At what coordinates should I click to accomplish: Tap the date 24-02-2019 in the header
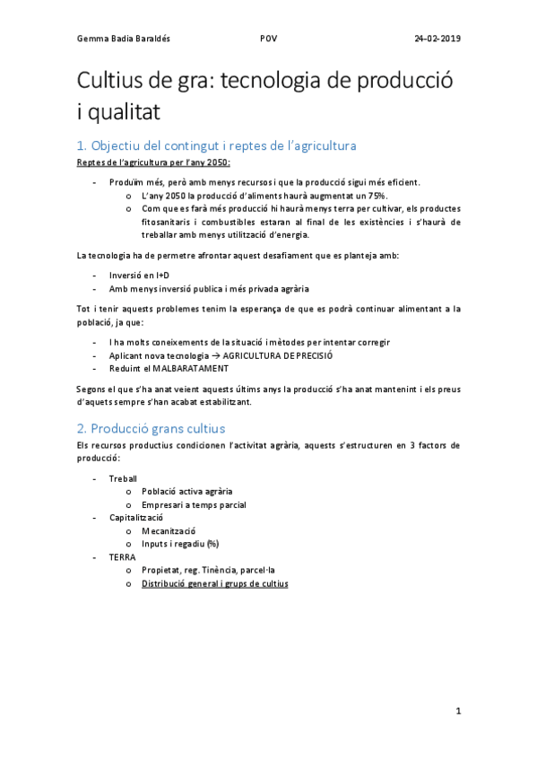[437, 39]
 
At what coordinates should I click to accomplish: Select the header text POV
[268, 39]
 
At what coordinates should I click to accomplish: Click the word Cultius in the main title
[114, 80]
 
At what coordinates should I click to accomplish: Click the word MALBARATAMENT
[188, 368]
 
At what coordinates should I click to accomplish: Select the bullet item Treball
[123, 478]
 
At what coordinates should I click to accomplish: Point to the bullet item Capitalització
[135, 518]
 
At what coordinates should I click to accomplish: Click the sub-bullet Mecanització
[169, 530]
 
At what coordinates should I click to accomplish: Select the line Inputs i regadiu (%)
[180, 544]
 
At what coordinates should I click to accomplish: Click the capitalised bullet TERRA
[123, 556]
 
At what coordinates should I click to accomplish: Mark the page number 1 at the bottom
[458, 712]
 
